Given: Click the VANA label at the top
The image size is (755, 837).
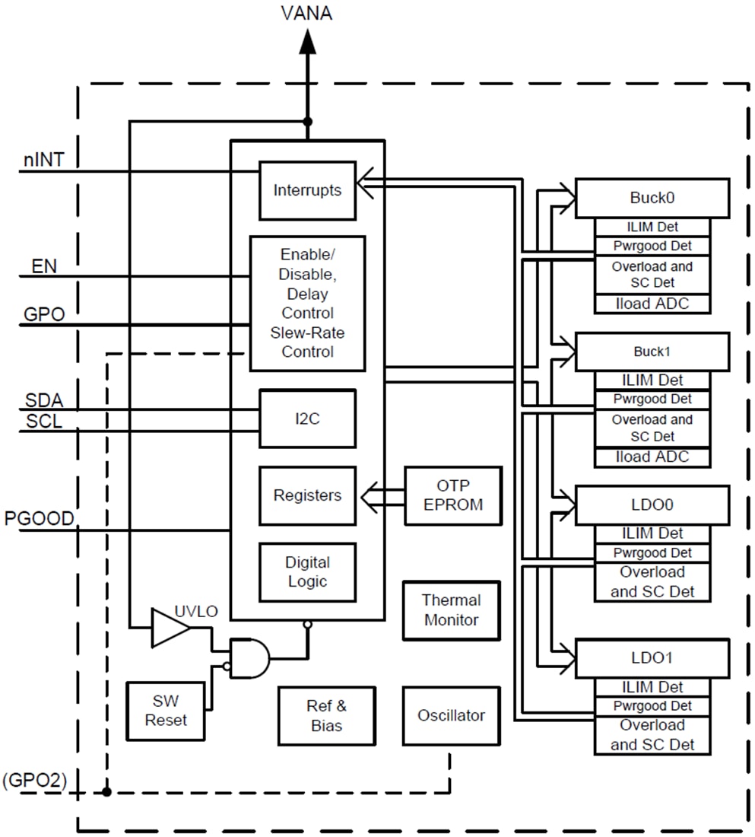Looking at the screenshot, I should pos(306,13).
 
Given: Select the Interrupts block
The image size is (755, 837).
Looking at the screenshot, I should pos(307,190).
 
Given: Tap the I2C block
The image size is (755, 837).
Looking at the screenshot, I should pos(307,418).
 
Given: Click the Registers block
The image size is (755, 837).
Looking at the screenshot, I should pos(307,495).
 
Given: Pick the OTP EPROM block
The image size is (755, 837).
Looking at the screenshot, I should pos(452,495).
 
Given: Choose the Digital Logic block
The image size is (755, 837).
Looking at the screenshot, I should pos(307,572).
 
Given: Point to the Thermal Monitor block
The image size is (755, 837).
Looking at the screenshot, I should pos(452,610).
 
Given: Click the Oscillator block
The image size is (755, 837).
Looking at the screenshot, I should pos(451,715).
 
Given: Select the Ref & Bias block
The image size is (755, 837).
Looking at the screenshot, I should pos(326,716).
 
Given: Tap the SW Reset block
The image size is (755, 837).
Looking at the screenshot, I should pos(166,710).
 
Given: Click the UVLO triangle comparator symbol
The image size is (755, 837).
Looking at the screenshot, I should pos(169,628).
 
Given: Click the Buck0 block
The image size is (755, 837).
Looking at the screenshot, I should pos(652,198).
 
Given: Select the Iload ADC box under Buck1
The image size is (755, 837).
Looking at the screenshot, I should pos(652,457).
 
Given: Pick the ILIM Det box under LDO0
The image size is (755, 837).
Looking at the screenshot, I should pos(652,533).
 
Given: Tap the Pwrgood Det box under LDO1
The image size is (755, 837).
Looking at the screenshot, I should pos(652,706).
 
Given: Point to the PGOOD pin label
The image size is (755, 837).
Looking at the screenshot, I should pos(40,519).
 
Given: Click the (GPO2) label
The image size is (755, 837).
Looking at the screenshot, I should pos(36,781).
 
